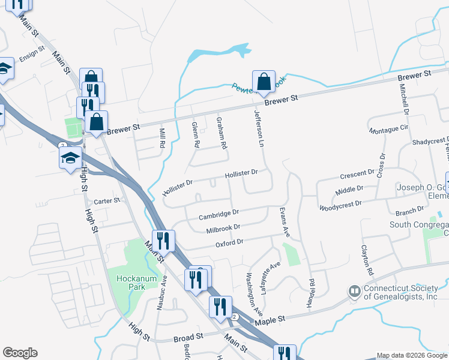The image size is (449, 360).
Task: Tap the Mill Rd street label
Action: click(x=161, y=139)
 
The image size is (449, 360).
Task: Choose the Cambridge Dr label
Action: click(x=219, y=212)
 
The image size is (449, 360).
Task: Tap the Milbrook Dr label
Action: click(x=223, y=227)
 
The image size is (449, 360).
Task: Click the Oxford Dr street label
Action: click(x=229, y=242)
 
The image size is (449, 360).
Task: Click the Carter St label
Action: click(x=107, y=201)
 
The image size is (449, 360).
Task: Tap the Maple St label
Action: click(x=269, y=322)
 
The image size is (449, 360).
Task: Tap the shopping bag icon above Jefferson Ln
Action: click(x=264, y=82)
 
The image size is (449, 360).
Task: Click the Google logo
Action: click(x=20, y=353)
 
